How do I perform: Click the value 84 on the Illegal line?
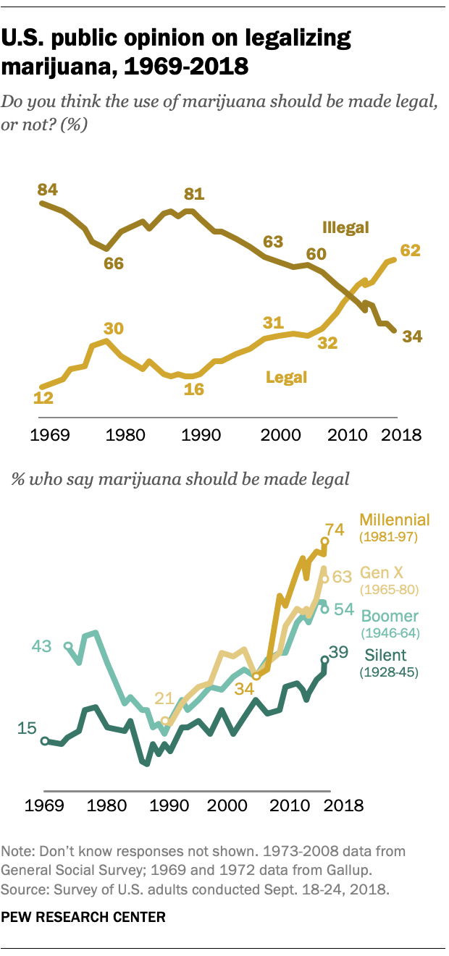[x=47, y=190]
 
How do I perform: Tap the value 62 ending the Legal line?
[x=411, y=250]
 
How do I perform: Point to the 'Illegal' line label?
[x=345, y=229]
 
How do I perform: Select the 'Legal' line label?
[x=287, y=377]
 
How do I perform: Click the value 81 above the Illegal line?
[x=194, y=194]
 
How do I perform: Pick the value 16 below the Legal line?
[x=193, y=389]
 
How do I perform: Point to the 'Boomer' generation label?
[x=390, y=617]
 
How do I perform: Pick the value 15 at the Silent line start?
[x=28, y=728]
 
